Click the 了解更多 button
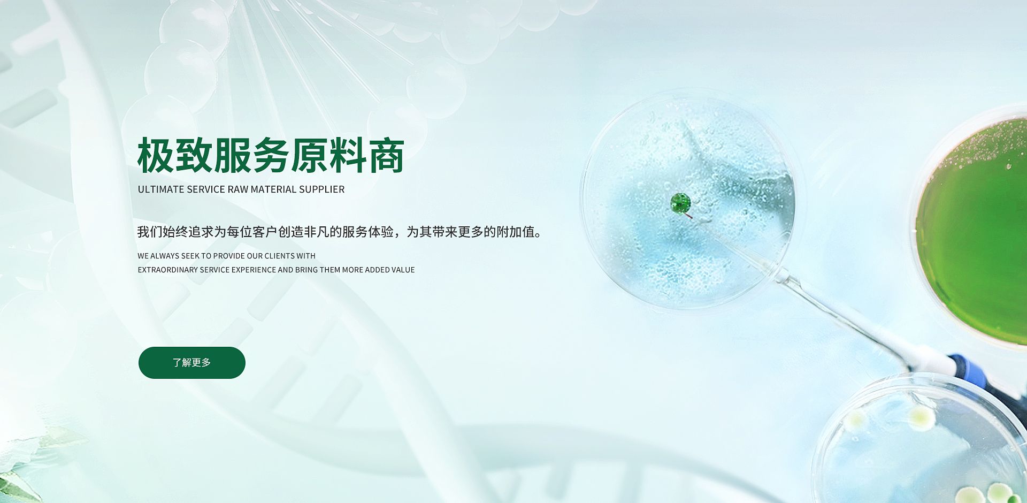coord(192,363)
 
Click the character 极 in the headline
coord(156,156)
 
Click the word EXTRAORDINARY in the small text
coord(168,270)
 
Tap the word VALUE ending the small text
coord(403,270)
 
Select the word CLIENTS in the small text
coord(279,256)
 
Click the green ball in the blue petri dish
coord(680,203)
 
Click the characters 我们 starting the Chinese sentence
coord(150,232)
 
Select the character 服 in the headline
coord(233,156)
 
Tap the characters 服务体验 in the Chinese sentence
coord(367,232)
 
